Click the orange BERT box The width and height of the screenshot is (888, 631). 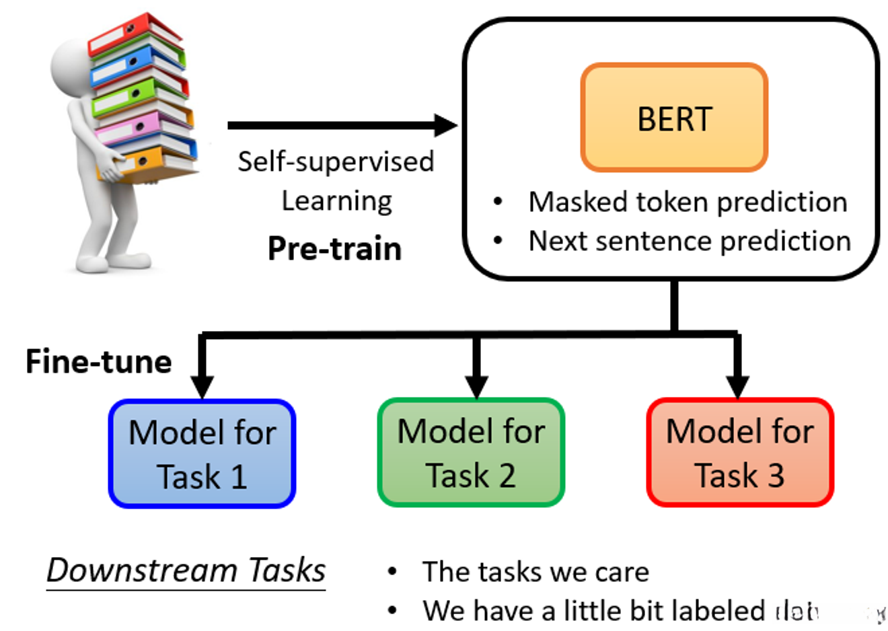pos(674,118)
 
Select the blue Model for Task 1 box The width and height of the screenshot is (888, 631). pos(202,453)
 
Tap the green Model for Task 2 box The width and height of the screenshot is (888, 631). pos(471,451)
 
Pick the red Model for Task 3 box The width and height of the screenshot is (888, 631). pos(740,451)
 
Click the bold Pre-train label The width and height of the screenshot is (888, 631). pos(334,249)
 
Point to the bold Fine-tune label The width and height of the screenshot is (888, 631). pos(98,362)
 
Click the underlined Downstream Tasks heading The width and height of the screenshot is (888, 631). pos(186,570)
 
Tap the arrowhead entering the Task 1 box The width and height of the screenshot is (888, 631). pos(202,386)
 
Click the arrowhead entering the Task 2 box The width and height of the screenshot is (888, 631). pos(476,386)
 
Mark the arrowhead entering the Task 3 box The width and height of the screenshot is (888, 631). pos(738,386)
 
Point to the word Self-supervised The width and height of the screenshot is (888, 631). pos(336,161)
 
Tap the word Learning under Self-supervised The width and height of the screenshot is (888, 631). pos(336,200)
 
